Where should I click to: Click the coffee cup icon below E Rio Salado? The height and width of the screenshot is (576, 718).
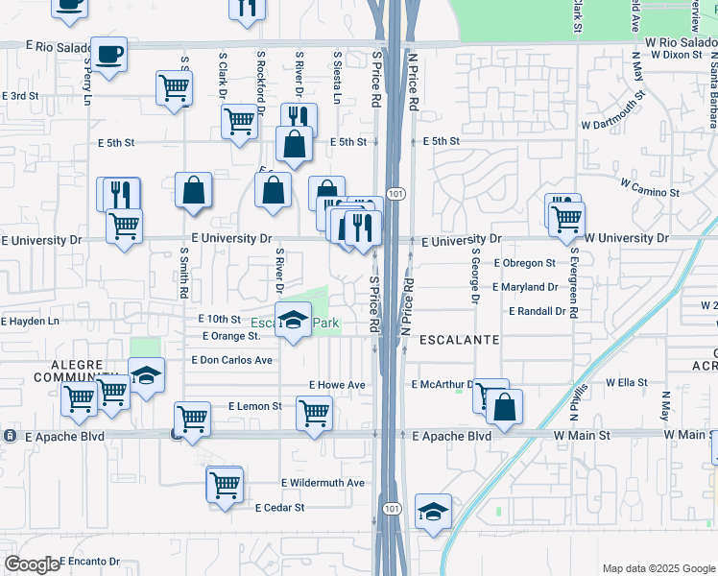(x=108, y=54)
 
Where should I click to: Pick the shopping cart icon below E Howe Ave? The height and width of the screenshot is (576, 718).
(x=314, y=414)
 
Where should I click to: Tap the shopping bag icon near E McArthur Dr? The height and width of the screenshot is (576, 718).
(x=504, y=407)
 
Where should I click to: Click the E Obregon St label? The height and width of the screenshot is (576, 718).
(x=524, y=262)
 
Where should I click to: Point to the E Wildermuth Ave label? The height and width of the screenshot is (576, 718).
(x=323, y=482)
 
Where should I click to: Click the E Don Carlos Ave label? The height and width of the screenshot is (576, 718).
(x=231, y=360)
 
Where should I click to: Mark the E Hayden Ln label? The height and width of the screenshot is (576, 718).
(x=30, y=321)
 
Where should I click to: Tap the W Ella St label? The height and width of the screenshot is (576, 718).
(x=629, y=382)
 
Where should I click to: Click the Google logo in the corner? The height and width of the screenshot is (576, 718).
(x=32, y=564)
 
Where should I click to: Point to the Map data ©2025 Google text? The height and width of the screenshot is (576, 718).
(x=658, y=568)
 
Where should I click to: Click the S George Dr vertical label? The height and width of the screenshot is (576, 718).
(x=474, y=276)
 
